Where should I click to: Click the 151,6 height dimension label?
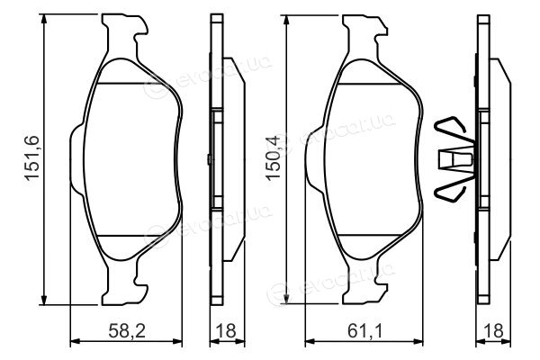pyautogui.click(x=32, y=157)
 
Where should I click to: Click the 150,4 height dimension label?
pyautogui.click(x=273, y=157)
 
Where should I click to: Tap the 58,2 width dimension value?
pyautogui.click(x=127, y=331)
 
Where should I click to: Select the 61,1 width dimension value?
pyautogui.click(x=364, y=331)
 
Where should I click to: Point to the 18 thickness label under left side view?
pyautogui.click(x=226, y=331)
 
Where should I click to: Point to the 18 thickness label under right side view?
pyautogui.click(x=493, y=331)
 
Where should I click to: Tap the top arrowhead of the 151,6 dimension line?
pyautogui.click(x=44, y=19)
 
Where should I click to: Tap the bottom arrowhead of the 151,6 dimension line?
pyautogui.click(x=44, y=300)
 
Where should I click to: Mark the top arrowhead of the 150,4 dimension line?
pyautogui.click(x=285, y=20)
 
